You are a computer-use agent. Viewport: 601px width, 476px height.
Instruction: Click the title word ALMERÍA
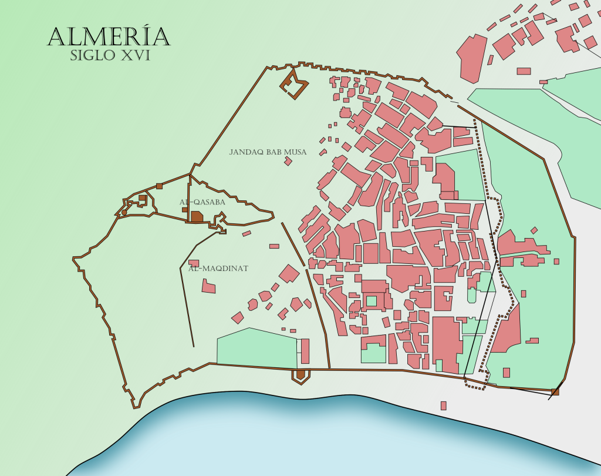pos(109,36)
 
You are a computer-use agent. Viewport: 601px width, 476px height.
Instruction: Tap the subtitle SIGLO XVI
pos(110,56)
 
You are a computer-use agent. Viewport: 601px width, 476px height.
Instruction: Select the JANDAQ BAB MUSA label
pos(268,152)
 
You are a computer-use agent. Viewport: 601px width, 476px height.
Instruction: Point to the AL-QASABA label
pos(202,202)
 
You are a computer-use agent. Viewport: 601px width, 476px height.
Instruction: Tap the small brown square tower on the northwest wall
pos(159,186)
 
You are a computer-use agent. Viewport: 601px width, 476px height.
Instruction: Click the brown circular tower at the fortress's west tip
pos(124,212)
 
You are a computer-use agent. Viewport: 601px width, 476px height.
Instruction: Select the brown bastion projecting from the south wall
pos(300,375)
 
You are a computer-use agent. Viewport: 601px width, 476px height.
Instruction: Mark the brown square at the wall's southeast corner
pos(555,391)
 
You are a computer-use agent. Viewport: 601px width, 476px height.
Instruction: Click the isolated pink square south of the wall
pos(444,405)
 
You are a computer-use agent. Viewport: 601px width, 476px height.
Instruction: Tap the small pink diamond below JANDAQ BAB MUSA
pos(288,161)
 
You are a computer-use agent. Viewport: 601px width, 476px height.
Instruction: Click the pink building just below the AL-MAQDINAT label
pos(208,286)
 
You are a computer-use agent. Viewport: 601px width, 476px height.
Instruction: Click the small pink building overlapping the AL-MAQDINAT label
pos(194,263)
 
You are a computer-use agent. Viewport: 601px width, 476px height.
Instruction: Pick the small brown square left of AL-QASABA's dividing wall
pos(184,209)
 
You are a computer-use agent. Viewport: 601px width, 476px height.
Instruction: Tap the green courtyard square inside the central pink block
pos(371,301)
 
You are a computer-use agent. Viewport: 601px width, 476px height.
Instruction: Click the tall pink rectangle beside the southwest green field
pos(305,350)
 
